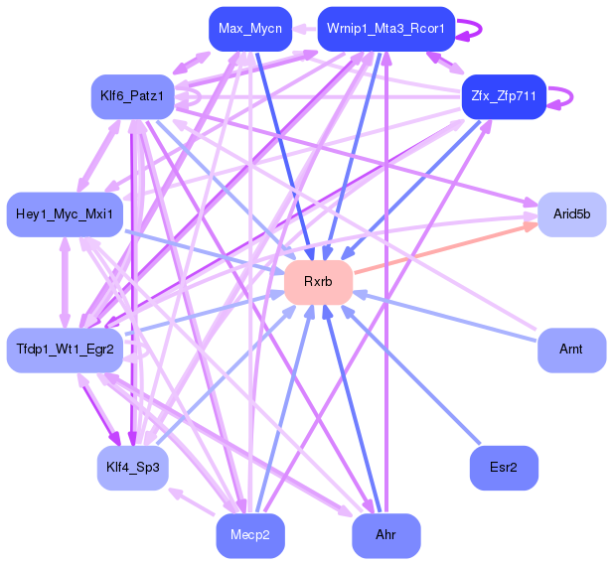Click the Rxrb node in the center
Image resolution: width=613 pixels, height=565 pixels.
(x=318, y=282)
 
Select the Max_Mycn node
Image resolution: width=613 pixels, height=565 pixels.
(x=249, y=29)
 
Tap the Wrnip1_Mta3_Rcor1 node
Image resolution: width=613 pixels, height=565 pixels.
(x=385, y=29)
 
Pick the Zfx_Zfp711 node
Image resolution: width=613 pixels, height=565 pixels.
(x=504, y=96)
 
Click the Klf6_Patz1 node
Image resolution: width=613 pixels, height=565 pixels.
(x=132, y=96)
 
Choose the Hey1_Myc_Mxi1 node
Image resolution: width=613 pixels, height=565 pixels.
(x=65, y=213)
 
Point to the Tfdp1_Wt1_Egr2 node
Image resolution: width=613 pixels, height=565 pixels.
(x=65, y=350)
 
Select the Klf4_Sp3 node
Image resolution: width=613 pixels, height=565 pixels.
(x=132, y=467)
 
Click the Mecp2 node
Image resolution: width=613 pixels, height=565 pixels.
(x=249, y=535)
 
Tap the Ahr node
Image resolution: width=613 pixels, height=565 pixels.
(x=385, y=535)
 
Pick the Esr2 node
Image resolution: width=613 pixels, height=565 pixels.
(x=504, y=467)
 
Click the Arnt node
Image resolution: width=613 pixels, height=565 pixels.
(x=571, y=350)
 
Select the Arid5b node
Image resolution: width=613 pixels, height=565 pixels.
(x=571, y=213)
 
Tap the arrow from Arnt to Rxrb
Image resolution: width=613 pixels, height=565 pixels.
(x=447, y=317)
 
